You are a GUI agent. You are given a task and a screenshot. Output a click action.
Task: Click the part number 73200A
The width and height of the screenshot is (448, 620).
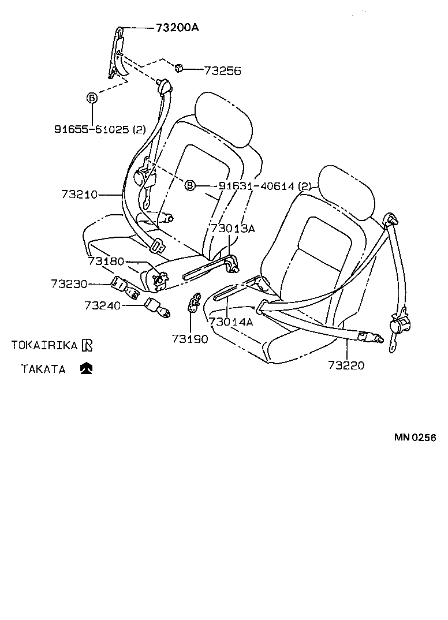177,27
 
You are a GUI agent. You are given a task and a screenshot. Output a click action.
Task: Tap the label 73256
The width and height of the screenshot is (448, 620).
222,71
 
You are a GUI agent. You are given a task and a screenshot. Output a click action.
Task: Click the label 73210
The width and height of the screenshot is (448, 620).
79,195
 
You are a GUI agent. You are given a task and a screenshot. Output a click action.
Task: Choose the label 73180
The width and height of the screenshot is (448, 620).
106,262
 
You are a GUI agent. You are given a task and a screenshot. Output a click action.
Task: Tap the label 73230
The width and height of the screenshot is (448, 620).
69,283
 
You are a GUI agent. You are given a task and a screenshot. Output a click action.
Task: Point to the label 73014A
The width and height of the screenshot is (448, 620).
230,322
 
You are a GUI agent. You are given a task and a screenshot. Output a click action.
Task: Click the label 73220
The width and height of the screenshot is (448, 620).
346,365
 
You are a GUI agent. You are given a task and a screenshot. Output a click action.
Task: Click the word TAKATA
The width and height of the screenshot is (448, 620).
43,369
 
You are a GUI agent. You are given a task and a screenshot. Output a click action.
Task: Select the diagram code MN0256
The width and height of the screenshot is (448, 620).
415,437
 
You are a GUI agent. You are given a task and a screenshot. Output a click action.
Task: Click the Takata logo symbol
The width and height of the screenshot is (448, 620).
87,368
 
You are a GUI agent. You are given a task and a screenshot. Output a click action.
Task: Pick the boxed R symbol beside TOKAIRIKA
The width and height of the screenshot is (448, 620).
87,345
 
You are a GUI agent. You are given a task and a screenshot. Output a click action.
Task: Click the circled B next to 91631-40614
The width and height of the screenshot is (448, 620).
190,185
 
